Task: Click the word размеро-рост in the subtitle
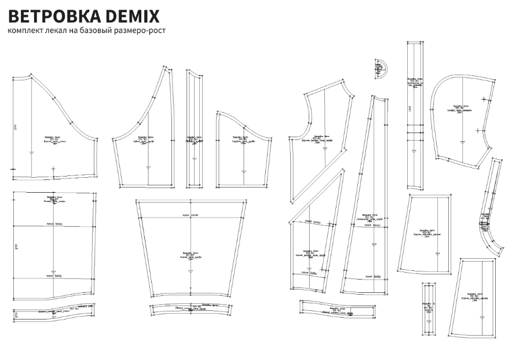click(143, 30)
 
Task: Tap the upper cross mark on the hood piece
click(484, 101)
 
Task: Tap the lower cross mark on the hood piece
click(477, 130)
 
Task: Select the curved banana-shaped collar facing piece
click(490, 208)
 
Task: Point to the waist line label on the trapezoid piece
click(191, 214)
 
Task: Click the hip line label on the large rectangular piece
click(54, 277)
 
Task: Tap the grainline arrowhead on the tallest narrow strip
click(413, 152)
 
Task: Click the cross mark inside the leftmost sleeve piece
click(53, 168)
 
